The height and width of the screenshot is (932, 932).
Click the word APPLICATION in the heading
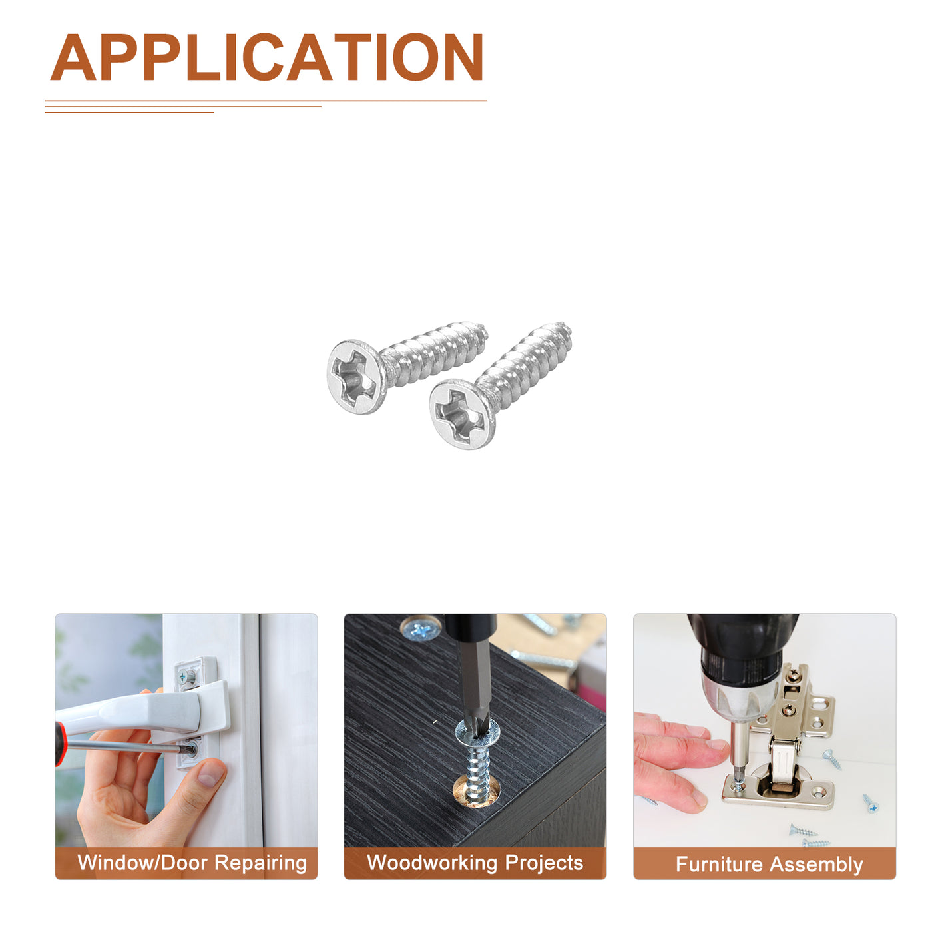point(266,57)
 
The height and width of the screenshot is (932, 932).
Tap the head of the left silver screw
point(357,376)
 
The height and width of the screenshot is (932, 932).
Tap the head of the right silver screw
point(463,415)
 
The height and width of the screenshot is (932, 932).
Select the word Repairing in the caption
point(261,864)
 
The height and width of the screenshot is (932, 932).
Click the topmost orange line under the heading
point(266,101)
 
